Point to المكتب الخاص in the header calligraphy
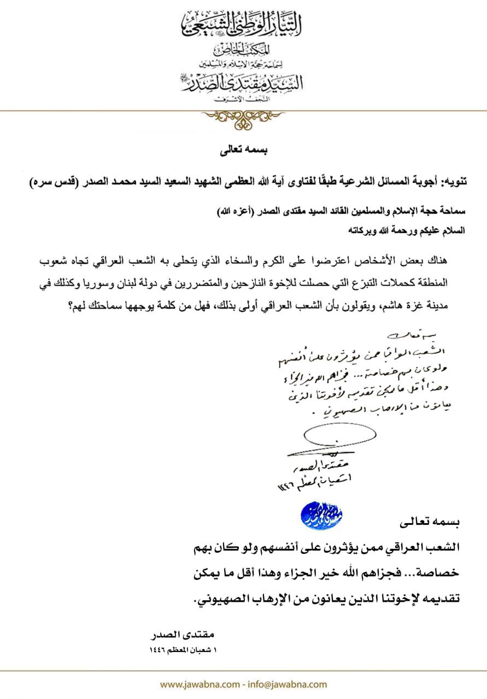coord(243,50)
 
